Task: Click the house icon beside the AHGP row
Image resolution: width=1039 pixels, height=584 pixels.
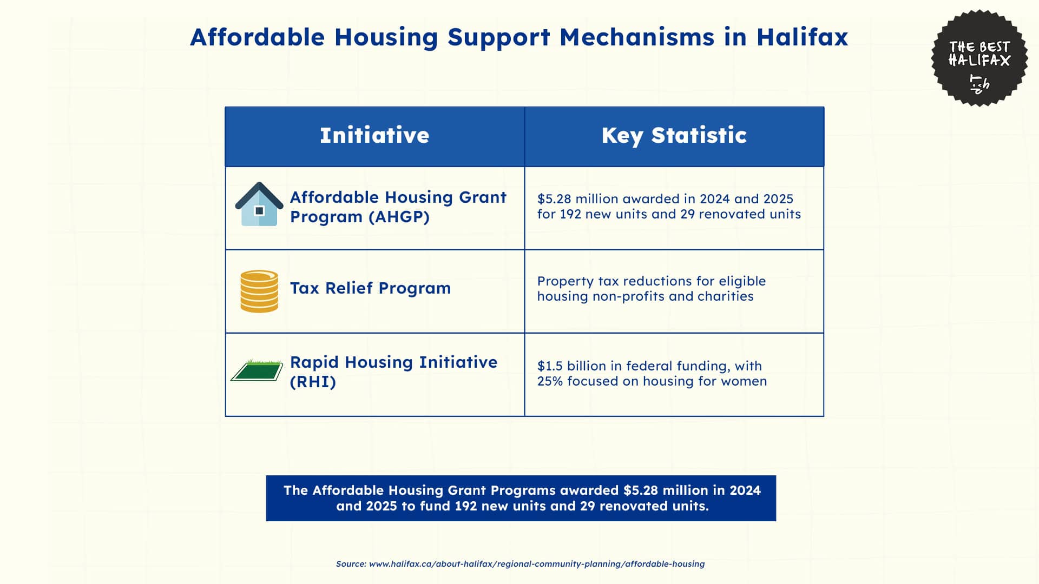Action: [x=259, y=204]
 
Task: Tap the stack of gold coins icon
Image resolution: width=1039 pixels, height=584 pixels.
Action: [x=259, y=291]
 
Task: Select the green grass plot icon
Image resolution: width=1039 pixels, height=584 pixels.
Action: [x=257, y=371]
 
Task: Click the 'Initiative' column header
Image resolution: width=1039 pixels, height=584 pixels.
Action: [x=374, y=135]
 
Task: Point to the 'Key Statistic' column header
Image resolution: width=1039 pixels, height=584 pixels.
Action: [x=674, y=135]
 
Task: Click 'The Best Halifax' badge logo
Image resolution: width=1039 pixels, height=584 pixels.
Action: [x=979, y=58]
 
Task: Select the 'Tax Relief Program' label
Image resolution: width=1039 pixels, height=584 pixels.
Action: [x=370, y=288]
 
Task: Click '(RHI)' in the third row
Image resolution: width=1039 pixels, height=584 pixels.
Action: [x=313, y=382]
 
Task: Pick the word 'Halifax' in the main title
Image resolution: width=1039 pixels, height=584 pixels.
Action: [x=802, y=37]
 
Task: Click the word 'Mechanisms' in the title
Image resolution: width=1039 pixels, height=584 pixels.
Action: [x=636, y=37]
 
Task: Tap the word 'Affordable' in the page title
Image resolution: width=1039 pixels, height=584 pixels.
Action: [x=257, y=37]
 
